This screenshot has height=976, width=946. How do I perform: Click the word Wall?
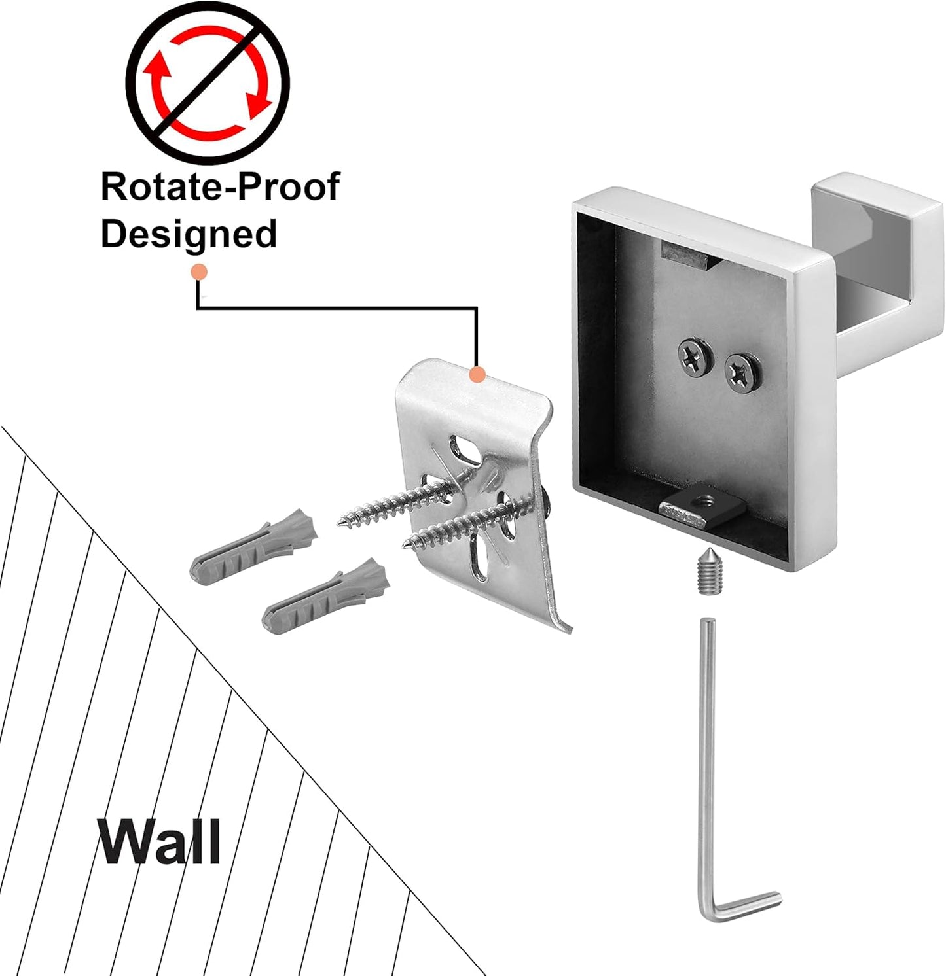159,841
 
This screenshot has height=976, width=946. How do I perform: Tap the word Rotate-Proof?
220,187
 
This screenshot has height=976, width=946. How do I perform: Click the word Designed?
189,234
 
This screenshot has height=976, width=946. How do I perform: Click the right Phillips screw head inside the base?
741,374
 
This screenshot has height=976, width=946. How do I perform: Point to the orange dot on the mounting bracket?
478,375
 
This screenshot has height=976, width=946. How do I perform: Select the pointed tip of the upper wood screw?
341,523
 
